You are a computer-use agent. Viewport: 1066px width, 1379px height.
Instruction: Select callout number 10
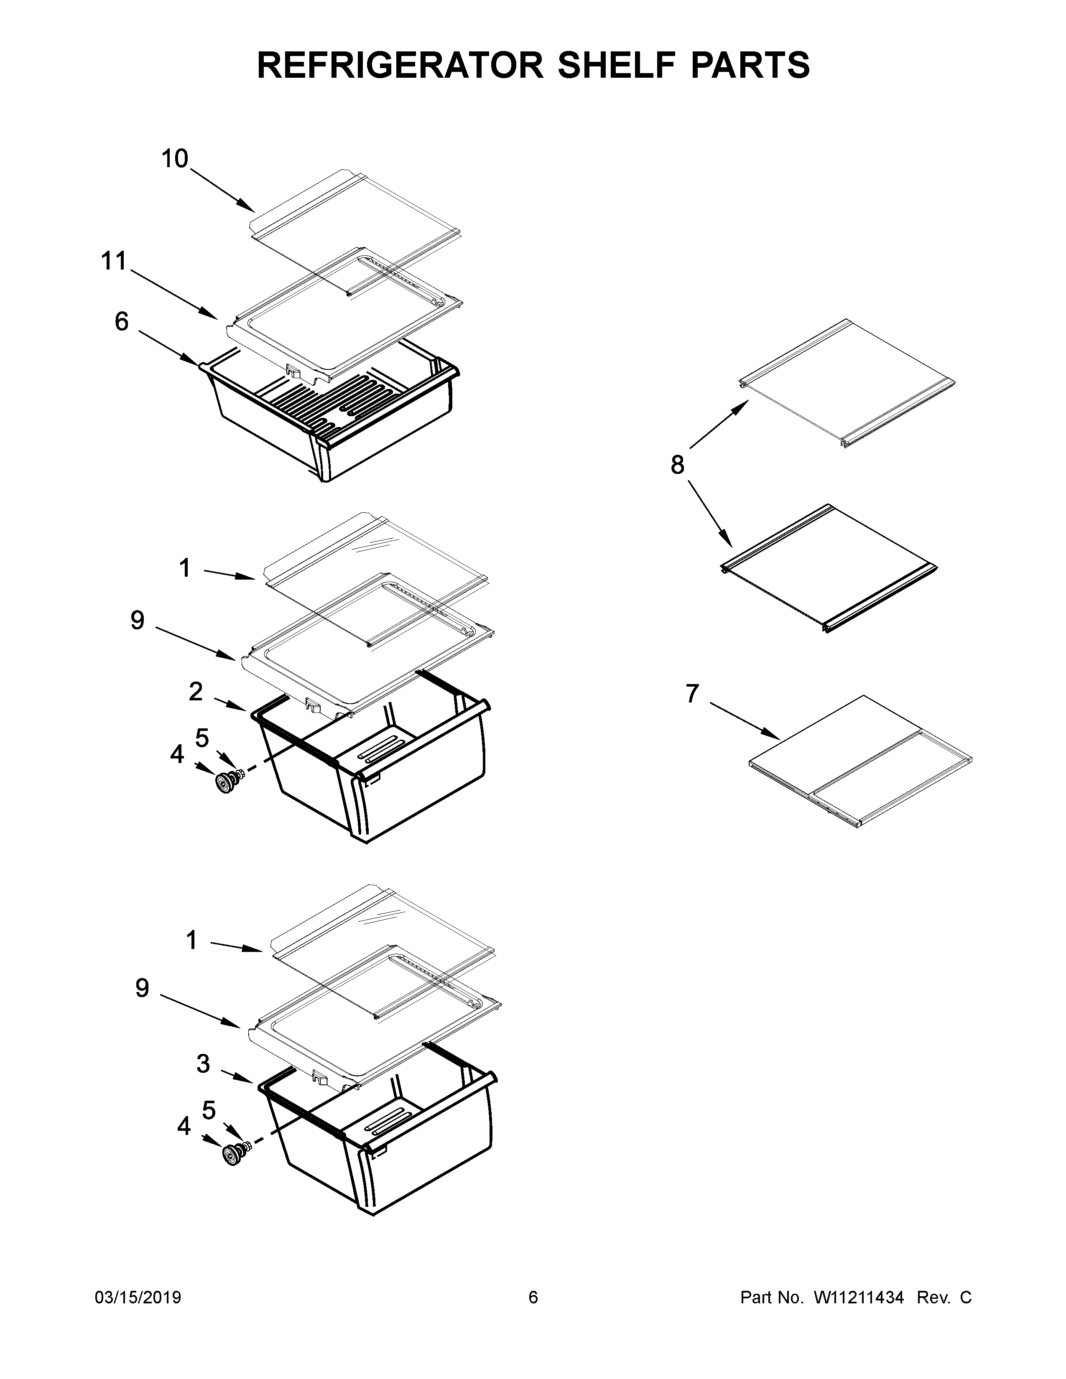175,159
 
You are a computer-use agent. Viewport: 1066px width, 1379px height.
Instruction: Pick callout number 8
677,466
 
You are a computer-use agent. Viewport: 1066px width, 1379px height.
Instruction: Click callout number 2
196,692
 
